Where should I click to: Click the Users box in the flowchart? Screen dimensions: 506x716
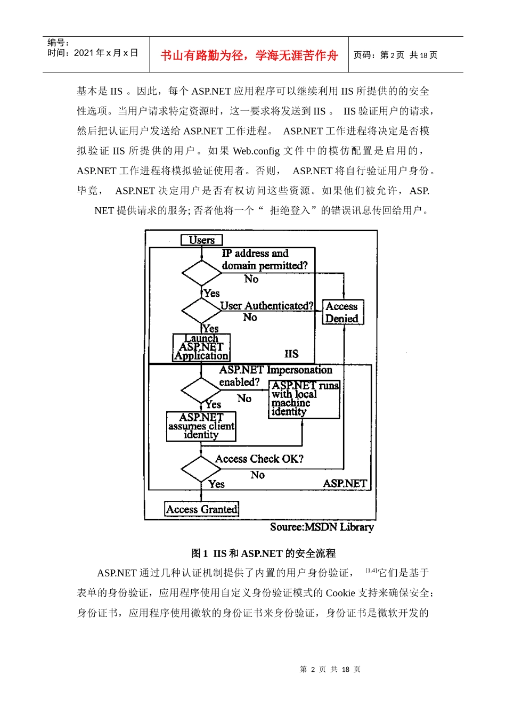201,240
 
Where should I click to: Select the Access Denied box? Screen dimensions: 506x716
342,312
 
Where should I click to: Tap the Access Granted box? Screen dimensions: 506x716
201,509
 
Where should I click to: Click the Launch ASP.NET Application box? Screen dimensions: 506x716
201,347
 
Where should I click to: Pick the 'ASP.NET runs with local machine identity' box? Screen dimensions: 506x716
304,399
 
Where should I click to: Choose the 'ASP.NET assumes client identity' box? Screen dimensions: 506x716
201,426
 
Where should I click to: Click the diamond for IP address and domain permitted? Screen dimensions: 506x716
201,273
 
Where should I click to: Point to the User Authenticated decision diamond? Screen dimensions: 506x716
201,311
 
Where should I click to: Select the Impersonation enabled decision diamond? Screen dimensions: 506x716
201,390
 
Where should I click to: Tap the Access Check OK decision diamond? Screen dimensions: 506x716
201,469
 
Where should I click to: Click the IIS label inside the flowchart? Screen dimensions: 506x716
291,354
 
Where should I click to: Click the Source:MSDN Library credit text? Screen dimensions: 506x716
322,527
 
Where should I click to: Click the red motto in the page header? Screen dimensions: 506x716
249,55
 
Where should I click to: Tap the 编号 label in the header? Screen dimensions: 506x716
58,43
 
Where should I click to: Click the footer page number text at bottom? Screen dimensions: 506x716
330,669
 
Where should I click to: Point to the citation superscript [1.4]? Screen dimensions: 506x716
371,571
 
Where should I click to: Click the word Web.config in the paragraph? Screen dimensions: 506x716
256,151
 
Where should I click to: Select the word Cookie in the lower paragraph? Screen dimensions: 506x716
340,593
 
